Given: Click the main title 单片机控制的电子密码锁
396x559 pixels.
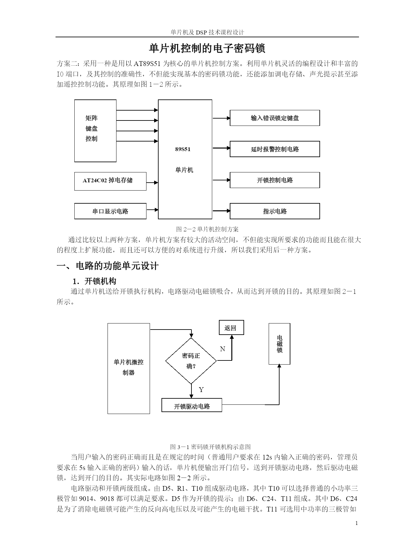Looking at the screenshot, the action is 207,49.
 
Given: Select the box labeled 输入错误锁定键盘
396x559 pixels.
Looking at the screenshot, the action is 275,118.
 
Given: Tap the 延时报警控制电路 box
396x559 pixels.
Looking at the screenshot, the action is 275,149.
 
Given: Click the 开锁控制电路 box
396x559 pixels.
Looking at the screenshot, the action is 275,180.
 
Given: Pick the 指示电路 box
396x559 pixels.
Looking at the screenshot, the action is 275,211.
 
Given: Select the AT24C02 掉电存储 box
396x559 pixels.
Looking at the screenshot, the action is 110,181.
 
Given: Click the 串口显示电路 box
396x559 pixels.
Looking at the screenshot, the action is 110,211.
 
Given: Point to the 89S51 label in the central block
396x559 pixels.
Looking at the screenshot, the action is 183,149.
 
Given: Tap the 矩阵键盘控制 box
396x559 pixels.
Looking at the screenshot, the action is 95,131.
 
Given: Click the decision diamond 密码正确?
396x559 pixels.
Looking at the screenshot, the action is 191,361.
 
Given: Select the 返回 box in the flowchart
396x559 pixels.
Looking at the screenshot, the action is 231,328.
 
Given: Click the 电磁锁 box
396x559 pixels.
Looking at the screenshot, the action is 280,344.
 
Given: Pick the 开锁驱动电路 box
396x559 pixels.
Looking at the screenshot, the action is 192,405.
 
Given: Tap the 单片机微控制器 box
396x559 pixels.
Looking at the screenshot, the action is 129,368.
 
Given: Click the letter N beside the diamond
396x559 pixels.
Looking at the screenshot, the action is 223,349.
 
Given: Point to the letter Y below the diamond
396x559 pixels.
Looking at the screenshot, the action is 201,390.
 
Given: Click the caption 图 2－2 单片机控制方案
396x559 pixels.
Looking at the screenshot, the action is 207,229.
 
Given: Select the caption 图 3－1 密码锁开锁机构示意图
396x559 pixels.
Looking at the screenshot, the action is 210,447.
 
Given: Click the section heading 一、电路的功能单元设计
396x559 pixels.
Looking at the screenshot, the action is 108,266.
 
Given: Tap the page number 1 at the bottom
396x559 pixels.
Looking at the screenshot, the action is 356,523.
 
